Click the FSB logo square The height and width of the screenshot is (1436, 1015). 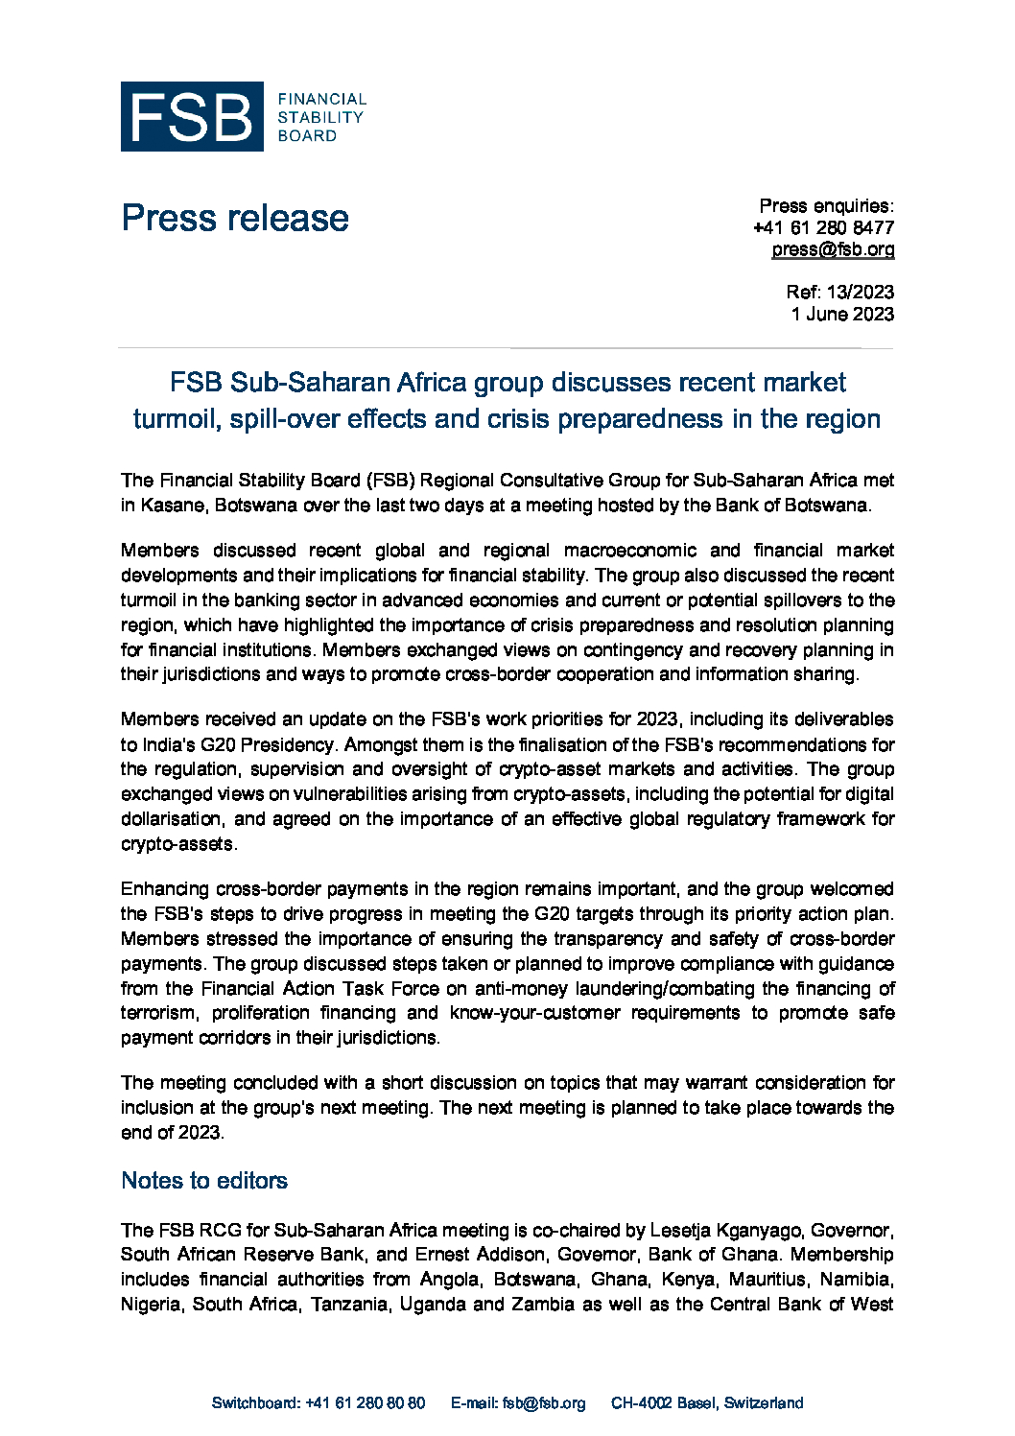[192, 116]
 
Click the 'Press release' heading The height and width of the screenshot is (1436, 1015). [235, 218]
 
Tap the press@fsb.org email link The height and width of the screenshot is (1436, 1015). [833, 249]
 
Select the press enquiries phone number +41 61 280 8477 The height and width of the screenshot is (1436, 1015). [823, 227]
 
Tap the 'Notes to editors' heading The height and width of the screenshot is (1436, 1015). [204, 1180]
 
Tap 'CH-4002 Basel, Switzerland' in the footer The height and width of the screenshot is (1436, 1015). [707, 1402]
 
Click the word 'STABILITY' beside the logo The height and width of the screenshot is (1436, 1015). [320, 117]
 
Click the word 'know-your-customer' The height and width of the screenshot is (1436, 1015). [534, 1013]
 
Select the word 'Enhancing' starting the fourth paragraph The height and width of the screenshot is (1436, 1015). [163, 889]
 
